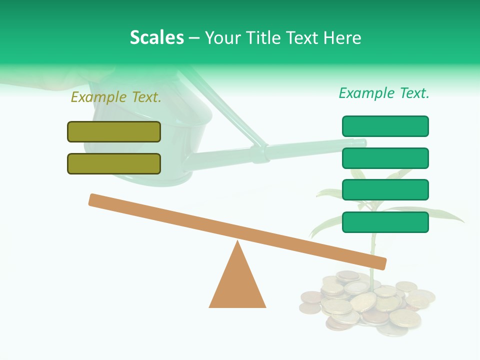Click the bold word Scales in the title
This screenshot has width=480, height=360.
point(157,37)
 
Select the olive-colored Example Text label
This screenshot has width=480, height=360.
point(116,97)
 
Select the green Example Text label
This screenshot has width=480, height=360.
point(384,93)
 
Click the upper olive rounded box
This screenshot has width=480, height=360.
point(114,131)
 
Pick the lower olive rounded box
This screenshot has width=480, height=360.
point(114,163)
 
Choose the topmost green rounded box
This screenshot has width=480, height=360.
point(385,126)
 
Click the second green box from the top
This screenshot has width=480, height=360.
point(385,158)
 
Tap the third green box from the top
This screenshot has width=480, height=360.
point(385,190)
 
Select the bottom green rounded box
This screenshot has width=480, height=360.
point(385,222)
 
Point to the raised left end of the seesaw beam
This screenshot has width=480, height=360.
point(95,200)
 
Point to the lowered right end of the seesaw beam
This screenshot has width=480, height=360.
point(380,262)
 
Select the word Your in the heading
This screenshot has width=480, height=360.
point(223,37)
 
